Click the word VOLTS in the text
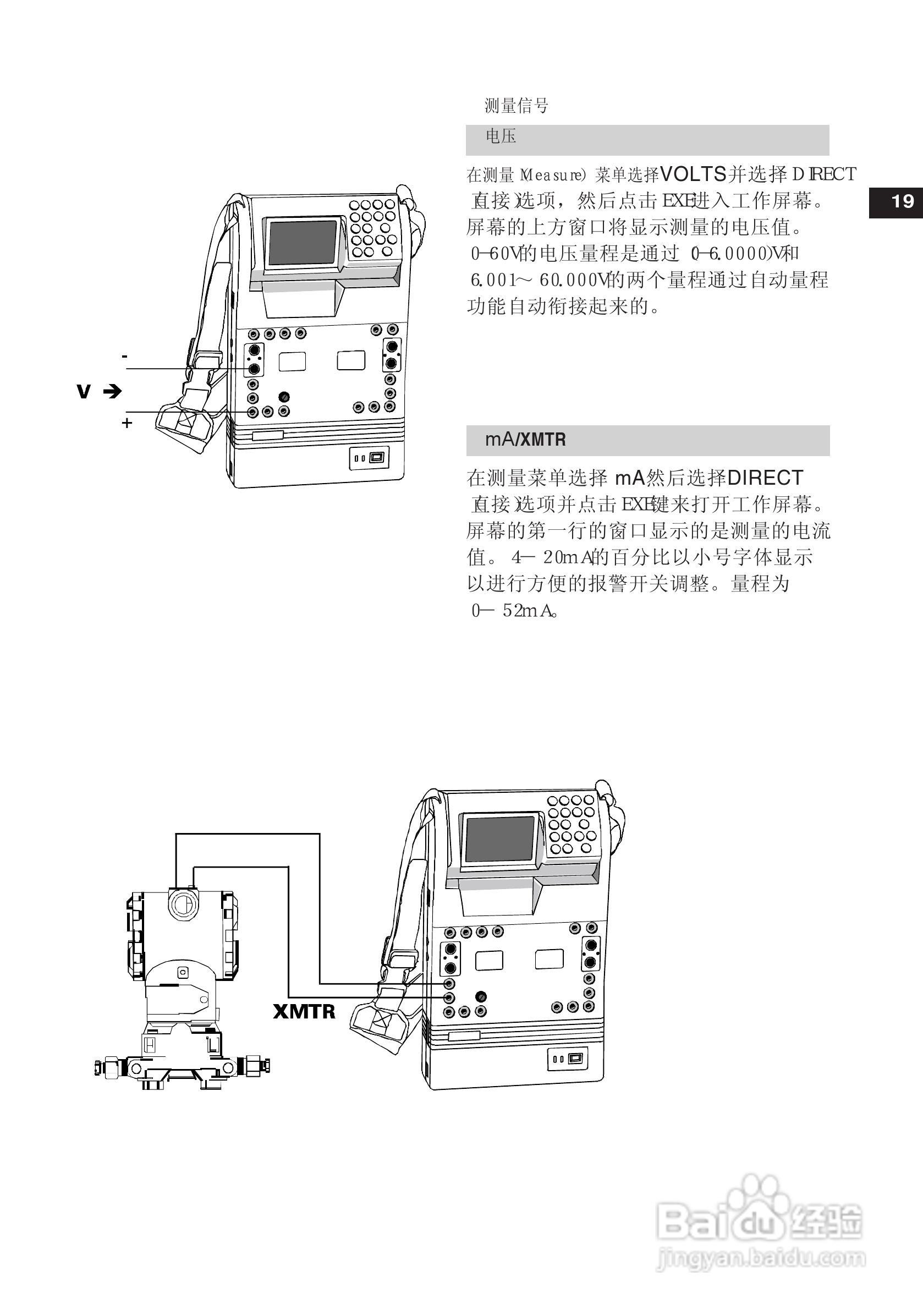pyautogui.click(x=693, y=173)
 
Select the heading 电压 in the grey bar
pyautogui.click(x=501, y=137)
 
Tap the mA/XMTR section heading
pyautogui.click(x=525, y=440)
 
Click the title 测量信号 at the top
pyautogui.click(x=517, y=106)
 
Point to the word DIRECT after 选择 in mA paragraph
pyautogui.click(x=766, y=478)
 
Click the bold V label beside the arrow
pyautogui.click(x=83, y=391)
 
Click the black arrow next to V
pyautogui.click(x=112, y=391)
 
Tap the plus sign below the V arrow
pyautogui.click(x=127, y=423)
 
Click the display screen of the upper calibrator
pyautogui.click(x=303, y=243)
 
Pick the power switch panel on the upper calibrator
pyautogui.click(x=369, y=458)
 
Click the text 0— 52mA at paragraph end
pyautogui.click(x=513, y=611)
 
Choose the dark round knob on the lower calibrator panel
pyautogui.click(x=480, y=996)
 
